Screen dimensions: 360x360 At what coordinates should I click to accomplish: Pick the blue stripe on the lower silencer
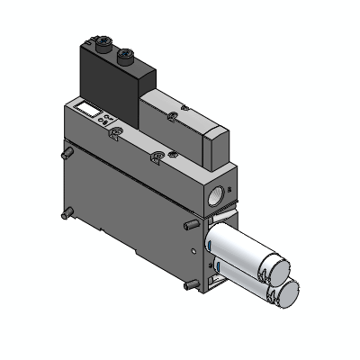[x=217, y=269]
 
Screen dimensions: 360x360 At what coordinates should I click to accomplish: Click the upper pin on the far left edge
[x=65, y=156]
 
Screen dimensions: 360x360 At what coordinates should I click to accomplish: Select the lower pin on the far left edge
[x=67, y=215]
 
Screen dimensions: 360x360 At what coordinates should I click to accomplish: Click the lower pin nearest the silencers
[x=186, y=286]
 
